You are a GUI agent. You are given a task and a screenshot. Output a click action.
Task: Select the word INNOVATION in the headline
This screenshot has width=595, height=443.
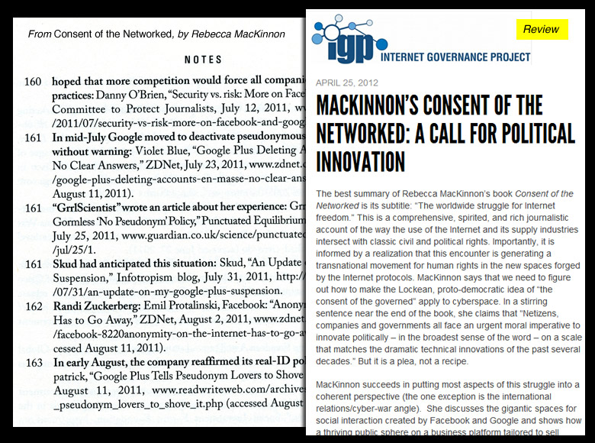pos(361,162)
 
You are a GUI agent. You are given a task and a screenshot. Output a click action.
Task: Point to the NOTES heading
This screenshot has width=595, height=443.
pos(204,60)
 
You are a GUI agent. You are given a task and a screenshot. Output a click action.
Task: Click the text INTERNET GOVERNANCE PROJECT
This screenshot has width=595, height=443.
pos(455,56)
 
